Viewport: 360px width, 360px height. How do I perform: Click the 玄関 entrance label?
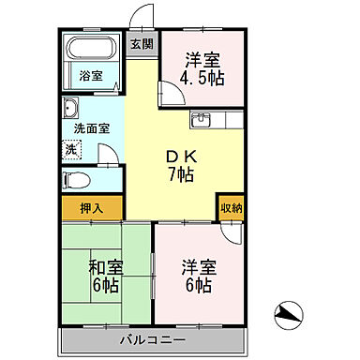142,43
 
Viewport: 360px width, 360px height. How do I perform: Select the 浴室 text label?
90,74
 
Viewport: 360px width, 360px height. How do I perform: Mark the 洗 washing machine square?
71,148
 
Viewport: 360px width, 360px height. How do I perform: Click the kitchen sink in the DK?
203,120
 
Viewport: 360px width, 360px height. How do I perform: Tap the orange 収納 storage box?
230,207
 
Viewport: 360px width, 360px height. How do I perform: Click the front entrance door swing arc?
141,16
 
